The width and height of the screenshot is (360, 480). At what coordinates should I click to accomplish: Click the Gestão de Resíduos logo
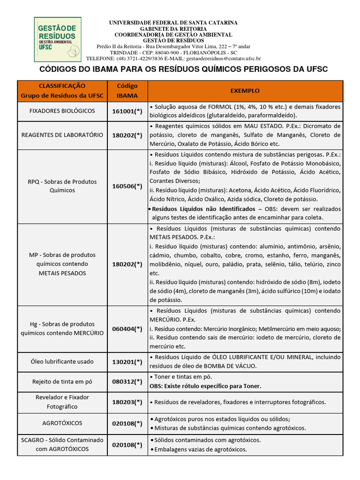click(57, 39)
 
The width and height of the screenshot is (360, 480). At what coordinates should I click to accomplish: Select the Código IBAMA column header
click(127, 91)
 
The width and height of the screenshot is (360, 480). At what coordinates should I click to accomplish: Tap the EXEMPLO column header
click(245, 90)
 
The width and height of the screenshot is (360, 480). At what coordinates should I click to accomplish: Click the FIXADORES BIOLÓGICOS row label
click(62, 111)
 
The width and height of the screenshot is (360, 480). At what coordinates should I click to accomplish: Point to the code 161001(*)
click(127, 112)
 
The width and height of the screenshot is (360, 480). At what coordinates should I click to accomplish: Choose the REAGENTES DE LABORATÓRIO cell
click(62, 135)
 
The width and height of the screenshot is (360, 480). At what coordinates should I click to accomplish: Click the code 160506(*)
click(127, 186)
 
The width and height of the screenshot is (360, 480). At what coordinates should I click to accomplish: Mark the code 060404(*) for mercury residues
click(127, 329)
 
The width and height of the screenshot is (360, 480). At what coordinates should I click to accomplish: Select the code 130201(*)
click(127, 362)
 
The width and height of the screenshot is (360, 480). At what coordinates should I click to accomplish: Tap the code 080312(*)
click(127, 382)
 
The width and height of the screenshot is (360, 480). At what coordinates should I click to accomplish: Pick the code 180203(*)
click(127, 402)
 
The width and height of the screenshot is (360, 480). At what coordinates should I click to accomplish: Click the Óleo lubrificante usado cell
click(62, 361)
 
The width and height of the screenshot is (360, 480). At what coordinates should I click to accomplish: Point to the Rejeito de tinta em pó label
click(62, 382)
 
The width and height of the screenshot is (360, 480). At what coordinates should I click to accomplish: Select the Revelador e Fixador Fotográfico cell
click(62, 402)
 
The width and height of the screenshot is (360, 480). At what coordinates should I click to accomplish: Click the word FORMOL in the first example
click(224, 107)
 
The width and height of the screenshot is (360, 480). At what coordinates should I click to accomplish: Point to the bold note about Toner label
click(205, 386)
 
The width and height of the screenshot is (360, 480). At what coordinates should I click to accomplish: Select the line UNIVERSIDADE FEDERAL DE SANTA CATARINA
click(173, 22)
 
